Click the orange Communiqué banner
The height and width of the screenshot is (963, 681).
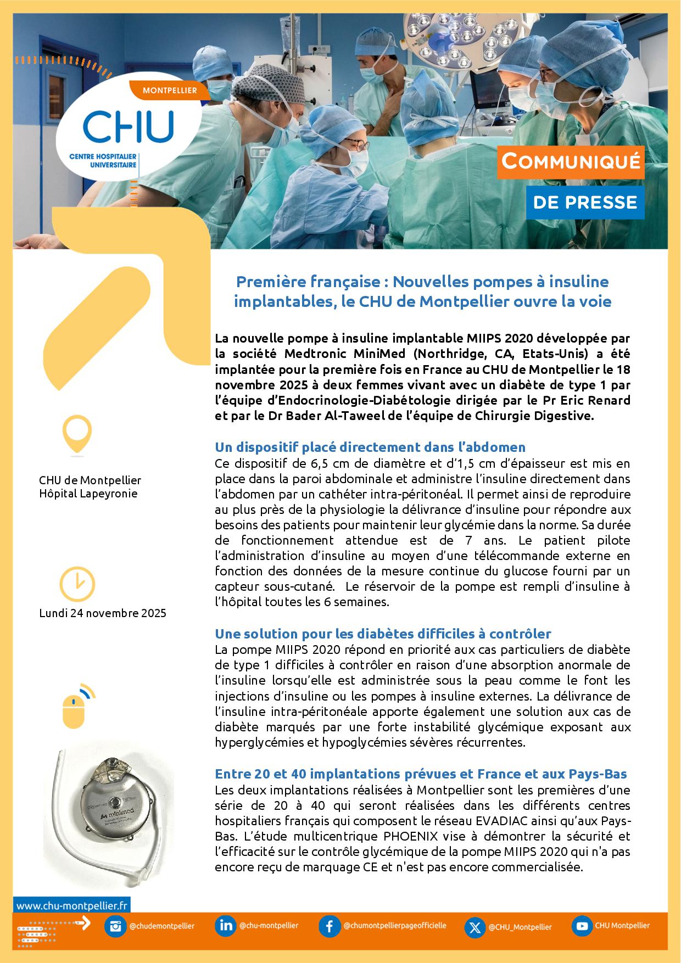(x=571, y=162)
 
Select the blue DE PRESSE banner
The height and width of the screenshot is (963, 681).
(x=585, y=203)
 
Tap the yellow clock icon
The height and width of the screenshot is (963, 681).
(x=77, y=584)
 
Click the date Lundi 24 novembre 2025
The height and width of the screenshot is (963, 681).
(x=103, y=613)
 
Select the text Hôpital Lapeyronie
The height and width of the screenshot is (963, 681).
(x=88, y=494)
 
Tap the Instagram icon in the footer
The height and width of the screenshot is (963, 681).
(x=115, y=926)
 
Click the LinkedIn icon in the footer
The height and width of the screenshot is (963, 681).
(x=226, y=926)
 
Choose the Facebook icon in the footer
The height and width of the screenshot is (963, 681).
(x=330, y=926)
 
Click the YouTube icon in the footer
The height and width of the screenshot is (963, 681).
(x=581, y=926)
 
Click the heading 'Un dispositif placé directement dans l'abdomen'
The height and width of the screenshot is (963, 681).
(x=370, y=447)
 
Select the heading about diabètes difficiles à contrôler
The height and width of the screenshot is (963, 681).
(x=383, y=634)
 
